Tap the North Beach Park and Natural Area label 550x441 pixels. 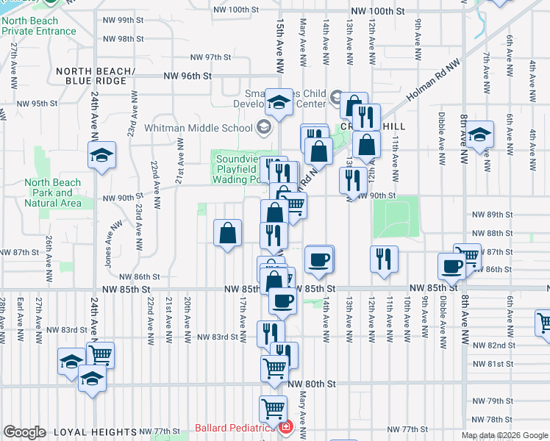click(x=52, y=193)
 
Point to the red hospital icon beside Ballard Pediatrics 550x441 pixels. click(x=286, y=427)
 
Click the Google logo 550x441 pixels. click(x=24, y=431)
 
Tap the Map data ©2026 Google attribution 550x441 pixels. click(x=504, y=435)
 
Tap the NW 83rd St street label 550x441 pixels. click(x=218, y=337)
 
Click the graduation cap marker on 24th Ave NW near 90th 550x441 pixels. click(x=101, y=155)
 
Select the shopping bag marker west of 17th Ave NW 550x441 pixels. click(x=228, y=233)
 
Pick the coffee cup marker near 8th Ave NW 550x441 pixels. click(x=451, y=265)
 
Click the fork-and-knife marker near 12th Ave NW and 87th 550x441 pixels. click(x=384, y=259)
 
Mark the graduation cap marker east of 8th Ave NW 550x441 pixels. click(x=479, y=135)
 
